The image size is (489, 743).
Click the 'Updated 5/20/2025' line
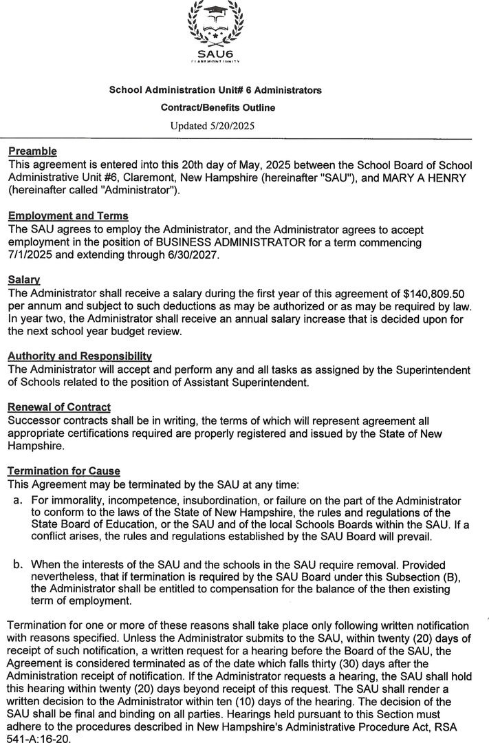(217, 125)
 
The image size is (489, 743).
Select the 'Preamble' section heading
(32, 151)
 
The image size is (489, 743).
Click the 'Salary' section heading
(24, 280)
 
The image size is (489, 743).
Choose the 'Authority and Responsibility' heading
(79, 357)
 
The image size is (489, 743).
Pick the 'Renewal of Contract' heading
(59, 407)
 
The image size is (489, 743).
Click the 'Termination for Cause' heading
(63, 471)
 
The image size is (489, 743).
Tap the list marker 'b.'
(19, 564)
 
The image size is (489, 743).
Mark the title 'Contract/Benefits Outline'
(217, 108)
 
